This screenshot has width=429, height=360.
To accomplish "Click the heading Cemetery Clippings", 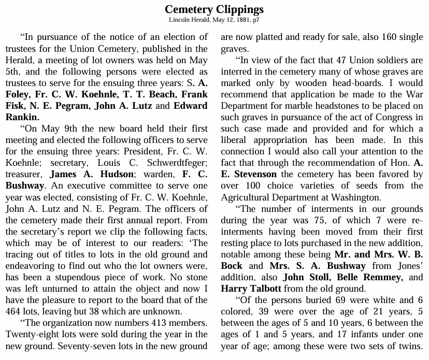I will tap(214, 9).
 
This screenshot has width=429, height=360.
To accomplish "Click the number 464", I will tap(15, 311).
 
